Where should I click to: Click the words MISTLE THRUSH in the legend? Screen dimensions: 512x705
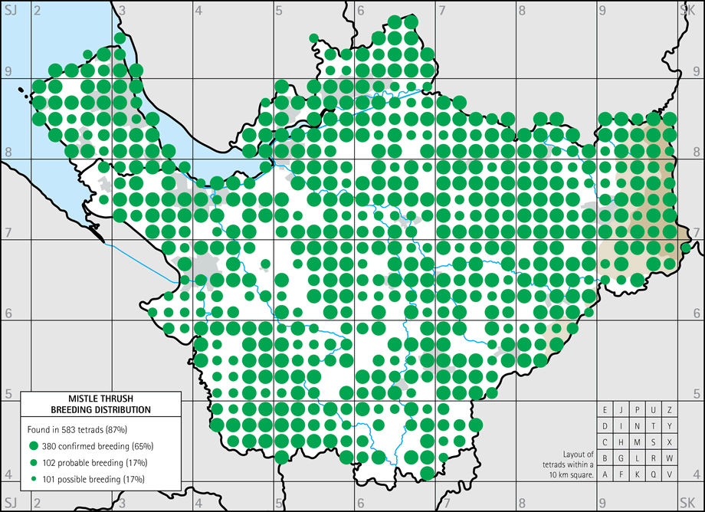click(100, 399)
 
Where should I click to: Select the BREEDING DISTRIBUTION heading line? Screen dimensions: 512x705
click(100, 410)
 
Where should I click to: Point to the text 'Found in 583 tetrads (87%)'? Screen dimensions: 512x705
click(85, 428)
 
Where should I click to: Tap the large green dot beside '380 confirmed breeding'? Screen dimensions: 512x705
click(34, 445)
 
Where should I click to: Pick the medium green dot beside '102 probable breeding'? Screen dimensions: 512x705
click(34, 462)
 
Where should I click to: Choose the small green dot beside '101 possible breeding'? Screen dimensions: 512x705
click(34, 479)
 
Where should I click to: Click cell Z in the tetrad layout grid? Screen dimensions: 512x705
click(670, 410)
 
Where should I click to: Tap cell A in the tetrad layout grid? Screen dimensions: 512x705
click(605, 474)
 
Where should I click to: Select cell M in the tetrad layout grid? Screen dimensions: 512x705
click(638, 442)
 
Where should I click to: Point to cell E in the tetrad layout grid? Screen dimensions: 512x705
click(605, 410)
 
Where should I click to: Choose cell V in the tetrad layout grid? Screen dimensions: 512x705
click(670, 474)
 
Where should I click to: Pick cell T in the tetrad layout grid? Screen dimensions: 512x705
click(654, 426)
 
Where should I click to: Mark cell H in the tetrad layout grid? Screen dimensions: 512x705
click(621, 442)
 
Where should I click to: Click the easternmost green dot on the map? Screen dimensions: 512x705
click(686, 248)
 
